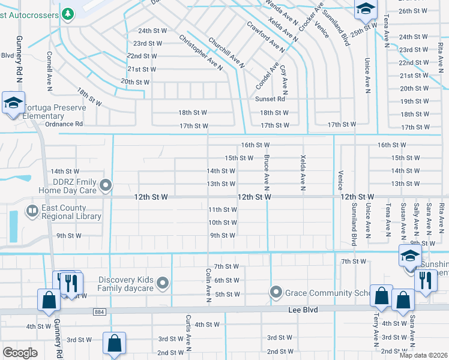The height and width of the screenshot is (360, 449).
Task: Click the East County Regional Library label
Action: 71,212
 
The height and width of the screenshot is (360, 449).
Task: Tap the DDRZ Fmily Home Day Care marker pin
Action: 107,185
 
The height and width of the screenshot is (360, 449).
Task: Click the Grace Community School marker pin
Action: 276,292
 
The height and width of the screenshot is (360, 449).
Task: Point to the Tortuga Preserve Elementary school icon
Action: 13,103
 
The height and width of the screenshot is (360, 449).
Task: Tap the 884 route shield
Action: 100,311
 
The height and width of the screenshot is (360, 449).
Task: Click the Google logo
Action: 20,352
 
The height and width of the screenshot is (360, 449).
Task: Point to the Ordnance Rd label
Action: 64,124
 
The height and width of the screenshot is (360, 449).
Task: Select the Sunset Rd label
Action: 270,99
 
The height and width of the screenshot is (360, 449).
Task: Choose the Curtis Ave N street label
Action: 188,332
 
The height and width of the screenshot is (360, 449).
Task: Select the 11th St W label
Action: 222,209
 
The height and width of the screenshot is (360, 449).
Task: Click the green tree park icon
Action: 68,13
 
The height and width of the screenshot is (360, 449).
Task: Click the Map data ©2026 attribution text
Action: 423,355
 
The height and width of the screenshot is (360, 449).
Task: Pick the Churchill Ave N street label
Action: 226,53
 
